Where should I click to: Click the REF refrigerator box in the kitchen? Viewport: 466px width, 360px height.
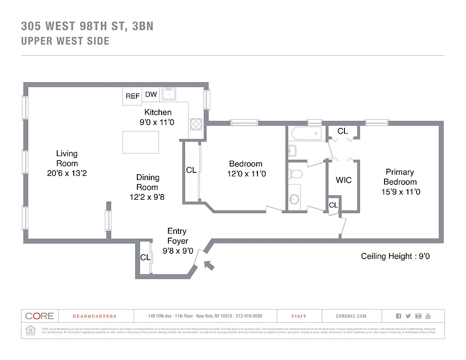(132, 96)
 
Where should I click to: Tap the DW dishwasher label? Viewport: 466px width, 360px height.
(151, 94)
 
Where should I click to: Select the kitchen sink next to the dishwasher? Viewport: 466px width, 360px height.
(169, 94)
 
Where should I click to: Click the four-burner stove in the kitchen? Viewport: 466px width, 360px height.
(196, 123)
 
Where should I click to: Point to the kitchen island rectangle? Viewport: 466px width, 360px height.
(140, 142)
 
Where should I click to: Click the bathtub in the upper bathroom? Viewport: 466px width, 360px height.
(307, 133)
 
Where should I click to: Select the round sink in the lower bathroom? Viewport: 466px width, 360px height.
(295, 198)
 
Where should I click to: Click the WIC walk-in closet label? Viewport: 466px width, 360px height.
(344, 180)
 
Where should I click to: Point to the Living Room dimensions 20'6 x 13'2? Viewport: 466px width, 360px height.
(67, 173)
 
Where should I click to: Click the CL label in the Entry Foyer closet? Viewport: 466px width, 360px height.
(145, 257)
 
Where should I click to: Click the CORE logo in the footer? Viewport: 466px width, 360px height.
(40, 316)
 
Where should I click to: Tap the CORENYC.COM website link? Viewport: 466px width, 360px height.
(351, 316)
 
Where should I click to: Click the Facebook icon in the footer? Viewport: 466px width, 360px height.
(398, 316)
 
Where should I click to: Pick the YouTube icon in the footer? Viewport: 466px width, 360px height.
(428, 316)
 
